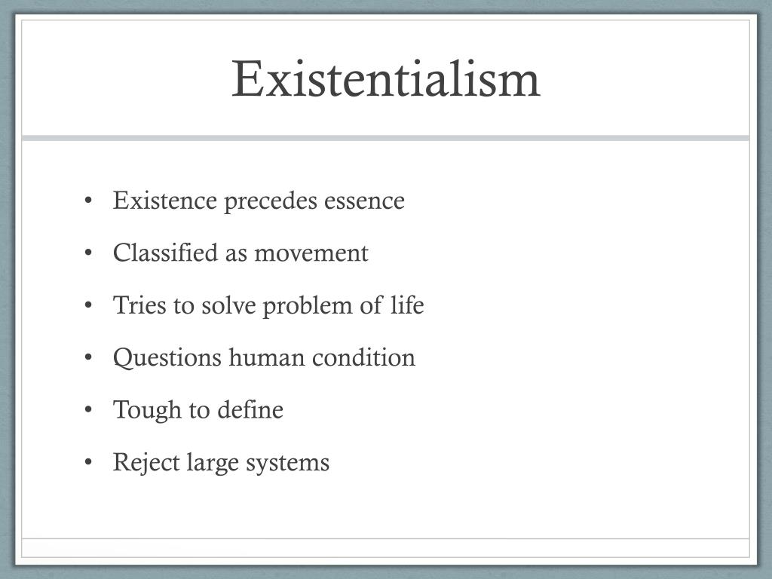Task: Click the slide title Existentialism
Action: pyautogui.click(x=386, y=78)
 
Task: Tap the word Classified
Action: pyautogui.click(x=165, y=253)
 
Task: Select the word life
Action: pyautogui.click(x=407, y=305)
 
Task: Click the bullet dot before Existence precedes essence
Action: pyautogui.click(x=89, y=201)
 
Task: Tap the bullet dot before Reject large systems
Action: pyautogui.click(x=89, y=462)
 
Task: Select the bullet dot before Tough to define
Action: pyautogui.click(x=89, y=410)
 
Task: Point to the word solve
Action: pyautogui.click(x=225, y=305)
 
